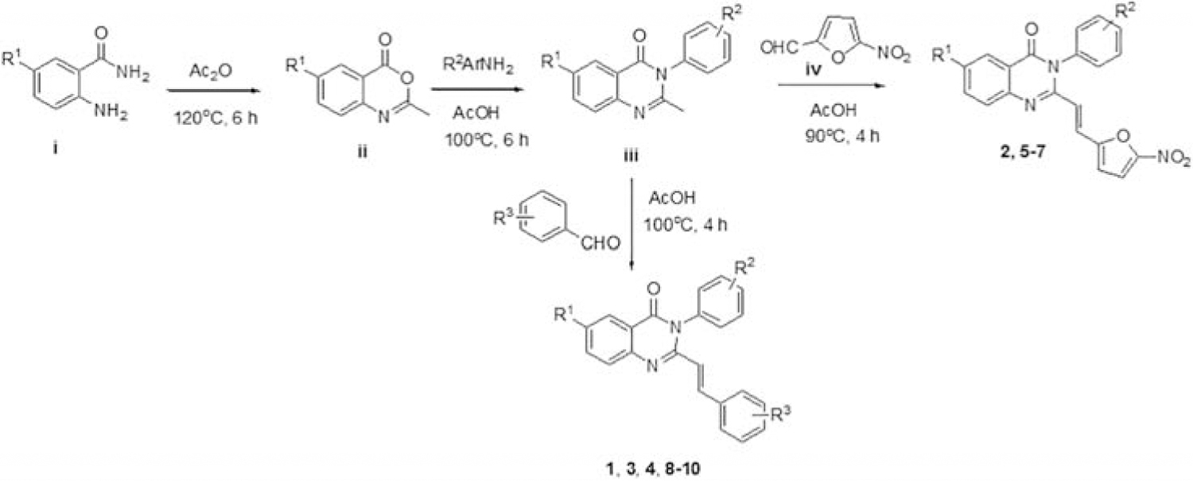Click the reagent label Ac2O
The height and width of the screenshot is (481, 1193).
[x=211, y=70]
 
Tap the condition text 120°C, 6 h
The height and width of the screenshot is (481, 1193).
[x=216, y=117]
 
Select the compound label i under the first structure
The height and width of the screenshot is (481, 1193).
[x=55, y=148]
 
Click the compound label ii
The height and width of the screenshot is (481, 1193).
[x=362, y=152]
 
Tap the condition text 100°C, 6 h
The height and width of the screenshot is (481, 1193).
[x=487, y=140]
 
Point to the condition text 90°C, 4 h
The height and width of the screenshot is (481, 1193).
[x=842, y=136]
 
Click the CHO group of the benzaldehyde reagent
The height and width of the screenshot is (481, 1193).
[x=600, y=243]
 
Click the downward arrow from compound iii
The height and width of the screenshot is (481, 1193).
[x=631, y=223]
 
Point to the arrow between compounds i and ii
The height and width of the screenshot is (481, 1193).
[x=216, y=91]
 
